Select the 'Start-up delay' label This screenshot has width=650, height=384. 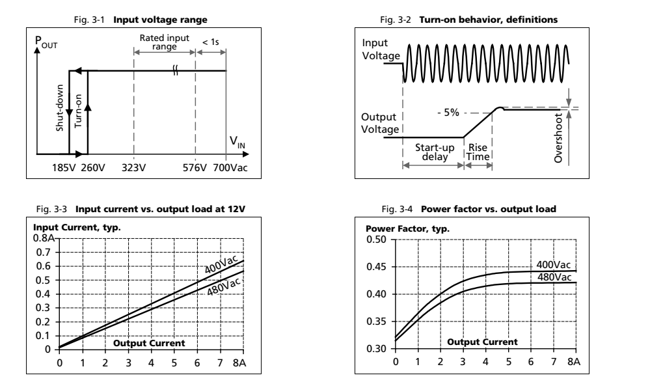click(430, 151)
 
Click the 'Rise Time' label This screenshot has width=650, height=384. click(478, 151)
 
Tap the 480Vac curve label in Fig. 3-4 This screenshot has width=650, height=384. click(554, 277)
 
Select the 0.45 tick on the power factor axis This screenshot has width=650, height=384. click(375, 267)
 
